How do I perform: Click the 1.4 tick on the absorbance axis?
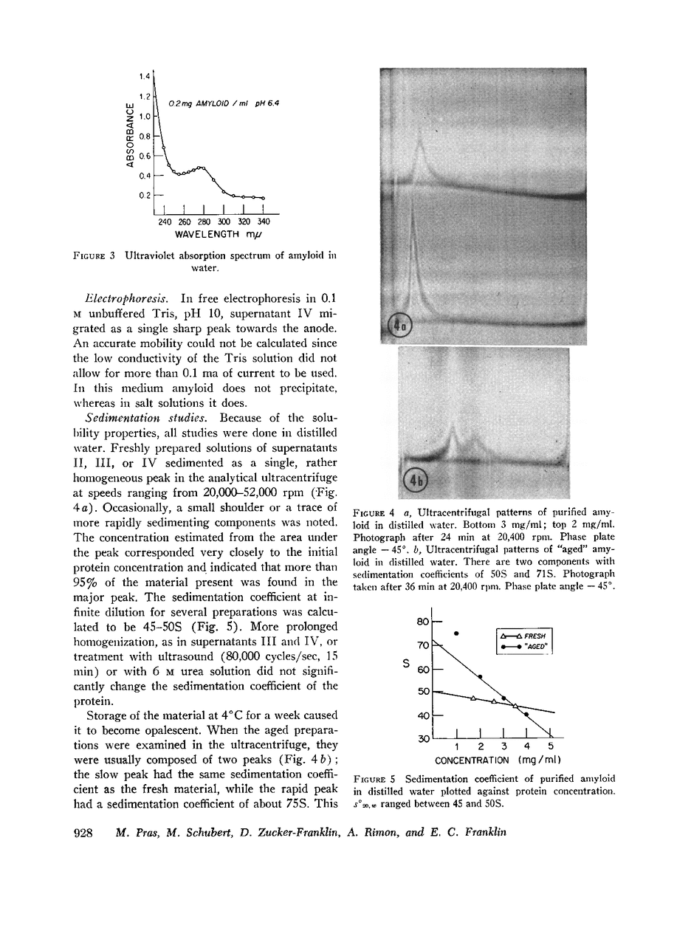(x=144, y=76)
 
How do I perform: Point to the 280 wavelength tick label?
(x=204, y=221)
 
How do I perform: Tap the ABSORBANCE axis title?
(x=130, y=136)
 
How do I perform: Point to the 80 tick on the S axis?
(x=423, y=622)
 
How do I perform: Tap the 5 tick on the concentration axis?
(x=550, y=746)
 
